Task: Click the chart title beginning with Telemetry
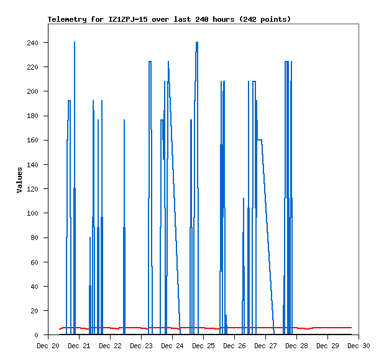click(x=169, y=19)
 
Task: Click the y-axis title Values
click(x=19, y=180)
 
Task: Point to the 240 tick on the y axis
click(x=32, y=43)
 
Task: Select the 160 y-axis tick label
click(x=32, y=141)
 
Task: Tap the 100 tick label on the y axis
click(x=32, y=213)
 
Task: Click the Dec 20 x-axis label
click(x=48, y=346)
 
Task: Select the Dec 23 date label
click(x=141, y=346)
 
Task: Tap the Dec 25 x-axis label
click(x=203, y=346)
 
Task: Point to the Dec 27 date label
click(x=265, y=346)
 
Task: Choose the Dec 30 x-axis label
click(x=359, y=346)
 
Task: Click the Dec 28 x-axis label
click(x=296, y=346)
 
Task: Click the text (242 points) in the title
click(x=265, y=19)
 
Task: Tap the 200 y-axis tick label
click(x=32, y=91)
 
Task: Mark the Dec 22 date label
click(x=110, y=346)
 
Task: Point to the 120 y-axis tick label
click(x=32, y=189)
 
